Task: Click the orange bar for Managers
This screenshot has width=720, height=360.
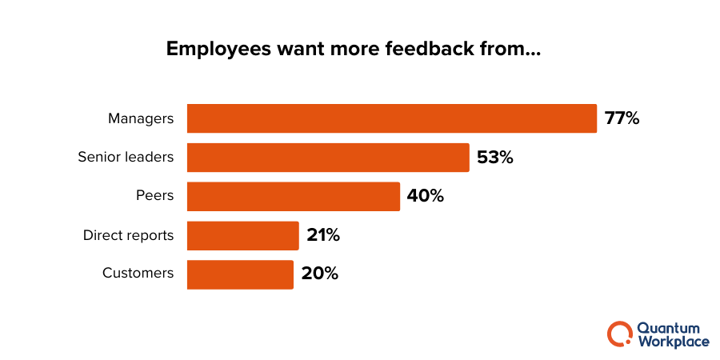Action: click(392, 118)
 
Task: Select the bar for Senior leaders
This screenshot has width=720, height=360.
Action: click(328, 158)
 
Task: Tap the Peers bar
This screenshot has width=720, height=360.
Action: click(294, 197)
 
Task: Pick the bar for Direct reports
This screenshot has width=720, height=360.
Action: click(242, 236)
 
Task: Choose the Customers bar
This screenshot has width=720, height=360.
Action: click(240, 274)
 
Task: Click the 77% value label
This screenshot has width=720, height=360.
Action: click(622, 118)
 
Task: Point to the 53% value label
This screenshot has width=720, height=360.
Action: click(494, 158)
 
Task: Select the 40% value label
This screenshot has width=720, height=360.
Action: click(425, 197)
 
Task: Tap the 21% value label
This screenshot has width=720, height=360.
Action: click(323, 236)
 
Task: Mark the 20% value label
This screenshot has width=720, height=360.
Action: click(320, 274)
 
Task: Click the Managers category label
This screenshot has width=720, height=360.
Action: click(141, 118)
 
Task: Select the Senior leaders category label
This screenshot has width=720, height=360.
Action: click(126, 158)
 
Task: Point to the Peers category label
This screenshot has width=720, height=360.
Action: click(154, 197)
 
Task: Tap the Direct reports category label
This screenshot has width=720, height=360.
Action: click(128, 236)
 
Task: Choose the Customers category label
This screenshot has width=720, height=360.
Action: click(138, 274)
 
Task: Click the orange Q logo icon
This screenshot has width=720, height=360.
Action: click(619, 334)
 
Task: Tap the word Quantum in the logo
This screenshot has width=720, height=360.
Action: click(667, 328)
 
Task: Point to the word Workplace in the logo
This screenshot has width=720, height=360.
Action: click(673, 342)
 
